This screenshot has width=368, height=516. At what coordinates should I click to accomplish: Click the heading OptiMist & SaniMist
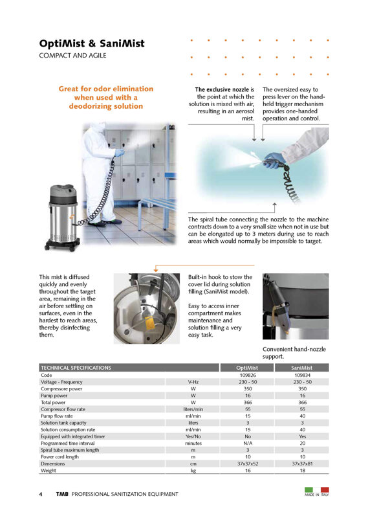(92, 43)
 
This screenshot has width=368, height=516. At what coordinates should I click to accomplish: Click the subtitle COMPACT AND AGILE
(72, 56)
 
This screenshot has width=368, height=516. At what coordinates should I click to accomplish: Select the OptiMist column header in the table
(247, 368)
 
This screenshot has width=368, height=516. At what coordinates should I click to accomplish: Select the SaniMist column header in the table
(301, 368)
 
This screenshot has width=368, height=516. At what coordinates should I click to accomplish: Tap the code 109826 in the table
(248, 375)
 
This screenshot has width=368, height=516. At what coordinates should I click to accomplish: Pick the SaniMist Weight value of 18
(302, 471)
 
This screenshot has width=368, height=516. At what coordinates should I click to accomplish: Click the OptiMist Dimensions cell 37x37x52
(248, 464)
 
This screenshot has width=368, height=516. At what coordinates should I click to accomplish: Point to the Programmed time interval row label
(67, 443)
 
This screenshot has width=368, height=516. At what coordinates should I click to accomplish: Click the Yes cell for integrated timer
(302, 436)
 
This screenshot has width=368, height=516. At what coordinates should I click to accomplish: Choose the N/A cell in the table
(248, 443)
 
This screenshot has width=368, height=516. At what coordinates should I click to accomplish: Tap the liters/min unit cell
(193, 409)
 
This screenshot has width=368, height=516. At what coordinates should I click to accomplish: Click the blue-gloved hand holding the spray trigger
(272, 161)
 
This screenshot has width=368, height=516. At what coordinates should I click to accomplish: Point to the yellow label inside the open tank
(149, 323)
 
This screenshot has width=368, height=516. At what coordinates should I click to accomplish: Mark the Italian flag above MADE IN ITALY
(317, 489)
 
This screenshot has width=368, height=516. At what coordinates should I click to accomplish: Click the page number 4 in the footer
(41, 494)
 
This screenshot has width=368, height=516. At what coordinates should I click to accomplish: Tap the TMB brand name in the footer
(62, 494)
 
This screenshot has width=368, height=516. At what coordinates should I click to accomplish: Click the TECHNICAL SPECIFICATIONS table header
(76, 368)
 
